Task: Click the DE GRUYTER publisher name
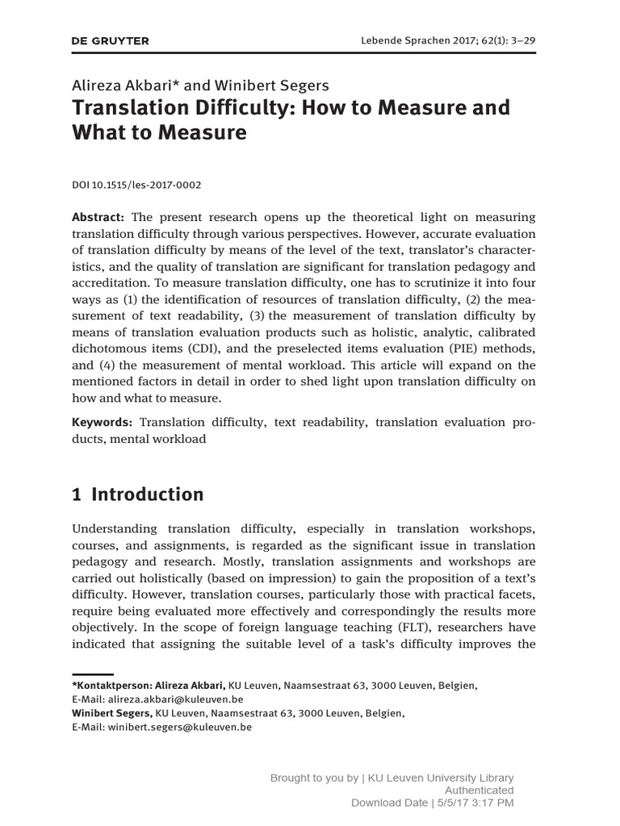coord(111,40)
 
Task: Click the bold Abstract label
coord(98,218)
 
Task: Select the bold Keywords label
coord(102,422)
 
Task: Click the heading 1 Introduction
coord(138,494)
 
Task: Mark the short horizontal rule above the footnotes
coord(92,672)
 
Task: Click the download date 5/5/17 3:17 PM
coord(475,803)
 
